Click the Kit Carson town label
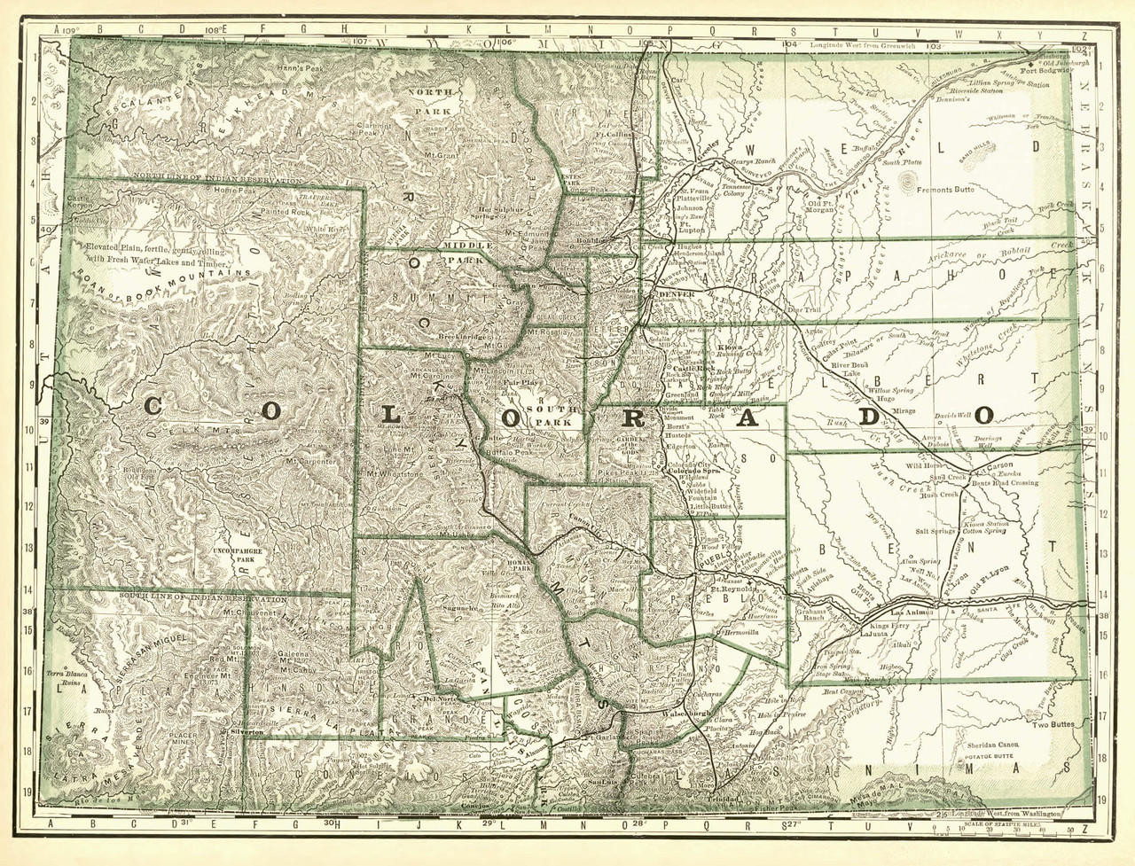[973, 464]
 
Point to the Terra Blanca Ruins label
[63, 679]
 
